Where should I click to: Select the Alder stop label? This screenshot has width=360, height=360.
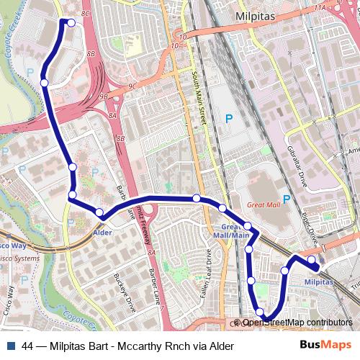(102, 233)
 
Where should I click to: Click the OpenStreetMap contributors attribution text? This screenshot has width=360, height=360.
(297, 323)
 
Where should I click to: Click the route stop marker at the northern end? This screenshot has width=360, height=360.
(71, 23)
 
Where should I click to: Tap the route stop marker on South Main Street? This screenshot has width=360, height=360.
(196, 198)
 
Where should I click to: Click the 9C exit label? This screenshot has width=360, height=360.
(131, 87)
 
